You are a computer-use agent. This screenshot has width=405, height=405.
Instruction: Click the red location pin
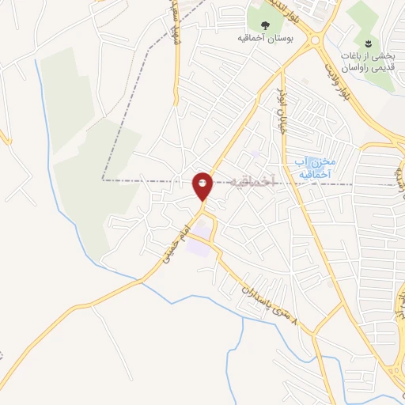coord(202,187)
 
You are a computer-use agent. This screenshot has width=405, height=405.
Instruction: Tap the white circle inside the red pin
coord(202,183)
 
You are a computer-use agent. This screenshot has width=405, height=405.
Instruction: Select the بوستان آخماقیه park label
coord(261,36)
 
